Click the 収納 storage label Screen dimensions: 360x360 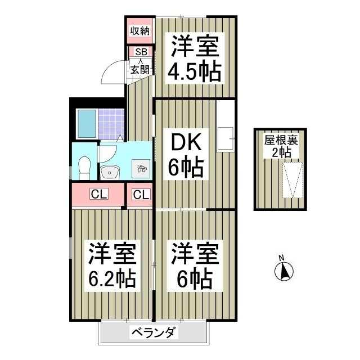click(140, 31)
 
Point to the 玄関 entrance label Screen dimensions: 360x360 click(140, 70)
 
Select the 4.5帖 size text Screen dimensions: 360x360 click(194, 73)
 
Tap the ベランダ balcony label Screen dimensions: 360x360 click(155, 332)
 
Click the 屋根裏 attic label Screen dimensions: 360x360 click(281, 139)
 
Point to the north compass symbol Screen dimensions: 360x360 click(285, 272)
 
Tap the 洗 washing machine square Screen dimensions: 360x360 click(141, 168)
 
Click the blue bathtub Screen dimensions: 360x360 click(87, 123)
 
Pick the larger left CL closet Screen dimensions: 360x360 click(98, 195)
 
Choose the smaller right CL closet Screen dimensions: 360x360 click(141, 195)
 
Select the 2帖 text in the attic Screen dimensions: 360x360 click(281, 151)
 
